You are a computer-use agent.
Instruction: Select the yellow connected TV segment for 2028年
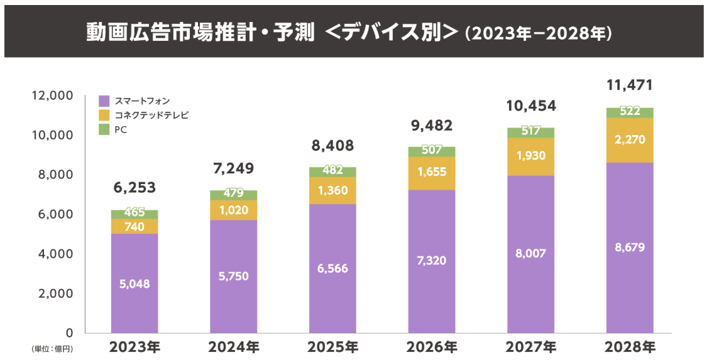[630, 140]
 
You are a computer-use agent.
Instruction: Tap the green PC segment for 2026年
[432, 151]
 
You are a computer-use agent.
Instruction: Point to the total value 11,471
[629, 85]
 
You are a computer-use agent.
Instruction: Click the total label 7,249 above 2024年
[233, 168]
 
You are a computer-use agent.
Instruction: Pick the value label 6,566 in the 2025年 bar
[332, 268]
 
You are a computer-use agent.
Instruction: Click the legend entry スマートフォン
[142, 101]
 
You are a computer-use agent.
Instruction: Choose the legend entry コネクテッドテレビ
[151, 115]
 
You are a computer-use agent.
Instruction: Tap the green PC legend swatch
[104, 129]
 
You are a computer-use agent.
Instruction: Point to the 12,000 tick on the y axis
[53, 95]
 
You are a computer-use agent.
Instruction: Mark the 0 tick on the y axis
[70, 332]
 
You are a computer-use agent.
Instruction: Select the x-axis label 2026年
[432, 347]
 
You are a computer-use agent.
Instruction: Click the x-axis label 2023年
[134, 347]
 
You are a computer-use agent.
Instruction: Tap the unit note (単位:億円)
[52, 348]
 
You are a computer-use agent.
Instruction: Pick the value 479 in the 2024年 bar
[233, 194]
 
